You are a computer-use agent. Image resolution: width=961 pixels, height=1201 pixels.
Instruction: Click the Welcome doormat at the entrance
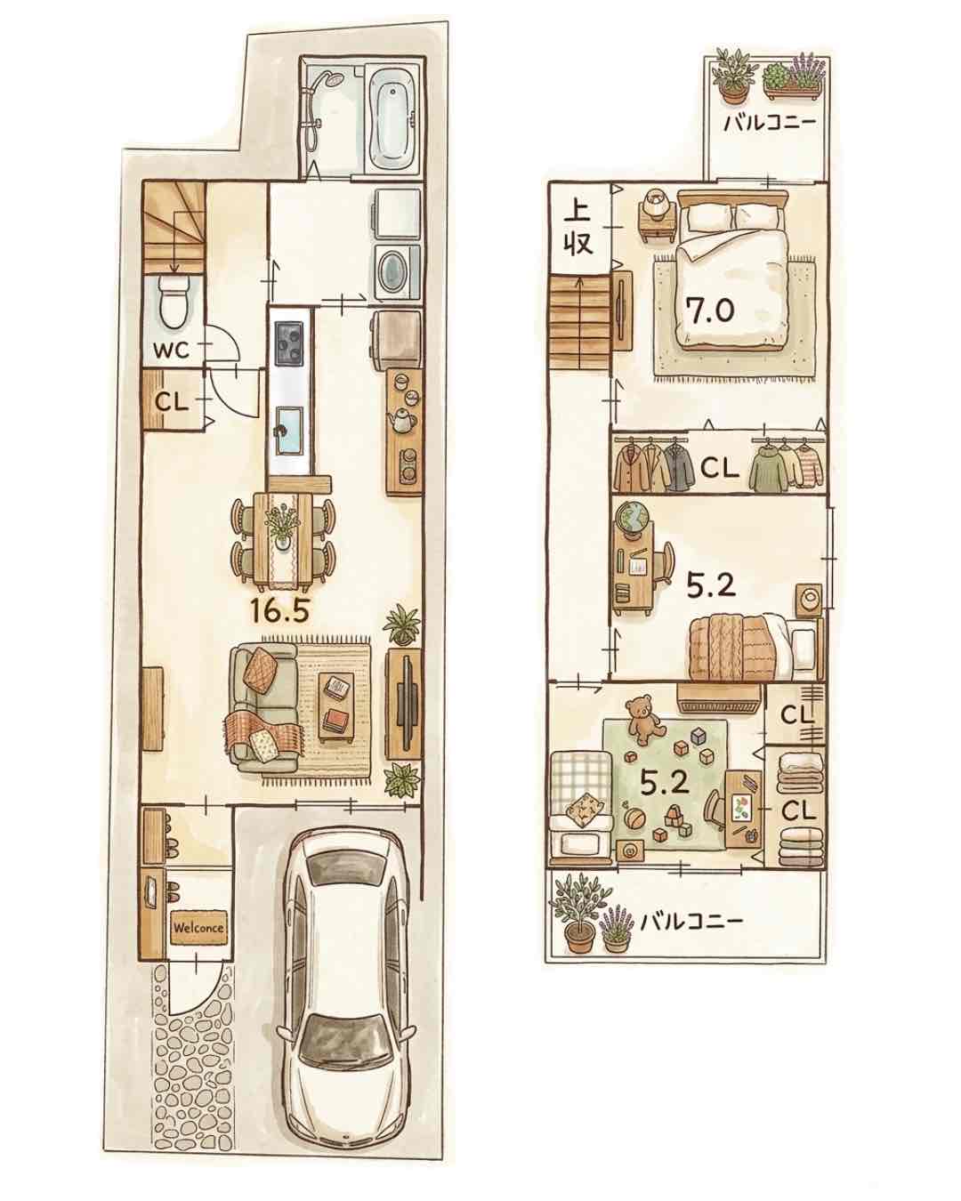coord(198,928)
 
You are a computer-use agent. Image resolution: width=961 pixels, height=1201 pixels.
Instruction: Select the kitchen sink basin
coord(288,432)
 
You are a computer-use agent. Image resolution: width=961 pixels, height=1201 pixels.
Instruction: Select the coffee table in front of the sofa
coord(336,707)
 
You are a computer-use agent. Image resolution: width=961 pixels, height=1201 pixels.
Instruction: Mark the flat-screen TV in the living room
coord(406,704)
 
